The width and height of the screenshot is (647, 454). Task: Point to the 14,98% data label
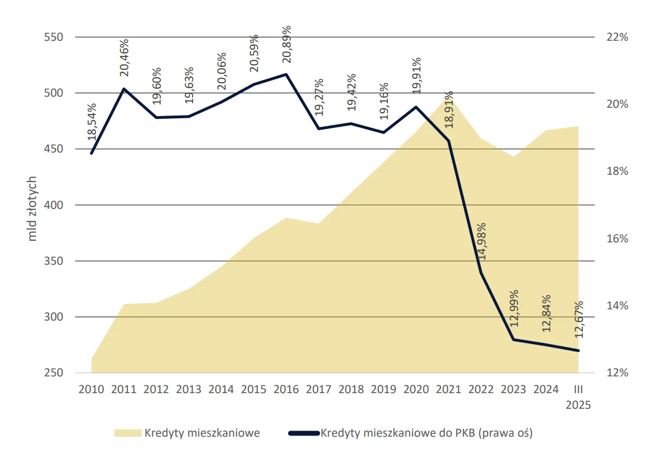(x=481, y=242)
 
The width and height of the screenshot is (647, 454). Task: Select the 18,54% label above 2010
(x=92, y=122)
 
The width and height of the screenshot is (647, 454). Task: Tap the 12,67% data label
(x=578, y=319)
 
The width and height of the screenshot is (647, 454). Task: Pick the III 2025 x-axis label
(x=578, y=397)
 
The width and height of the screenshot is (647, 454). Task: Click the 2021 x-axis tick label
(x=448, y=390)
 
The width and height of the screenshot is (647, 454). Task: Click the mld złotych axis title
(x=32, y=208)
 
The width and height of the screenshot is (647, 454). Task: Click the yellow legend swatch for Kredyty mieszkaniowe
(x=128, y=433)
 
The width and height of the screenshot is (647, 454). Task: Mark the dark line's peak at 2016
(x=286, y=74)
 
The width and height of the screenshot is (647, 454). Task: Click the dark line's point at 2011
(x=124, y=89)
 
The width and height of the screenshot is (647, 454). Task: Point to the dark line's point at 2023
(x=514, y=340)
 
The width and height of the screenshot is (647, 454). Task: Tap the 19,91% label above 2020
(x=416, y=76)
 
